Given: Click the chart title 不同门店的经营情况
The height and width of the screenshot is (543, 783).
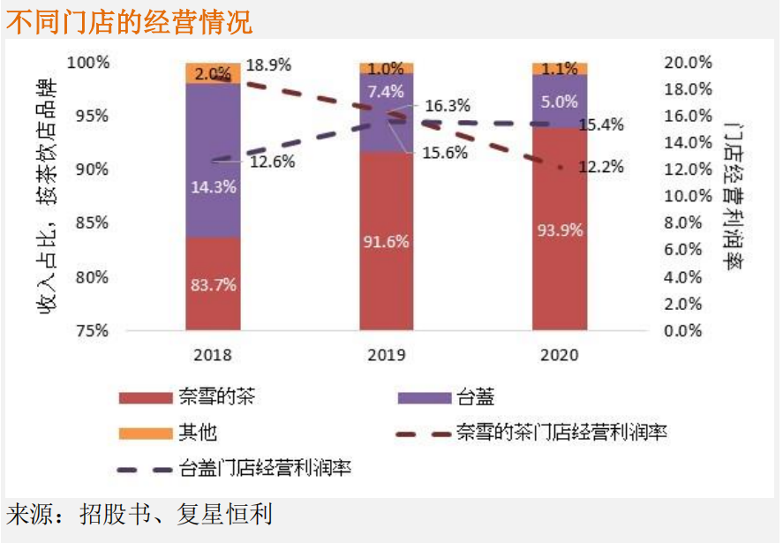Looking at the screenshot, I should pyautogui.click(x=129, y=21).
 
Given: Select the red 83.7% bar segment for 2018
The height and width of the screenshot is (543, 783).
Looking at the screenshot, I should pyautogui.click(x=213, y=283).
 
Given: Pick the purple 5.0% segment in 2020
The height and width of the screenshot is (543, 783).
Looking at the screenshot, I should pyautogui.click(x=559, y=102).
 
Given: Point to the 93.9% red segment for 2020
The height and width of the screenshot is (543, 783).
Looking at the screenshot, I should pyautogui.click(x=559, y=230).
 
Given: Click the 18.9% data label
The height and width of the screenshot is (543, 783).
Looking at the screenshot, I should pyautogui.click(x=268, y=65).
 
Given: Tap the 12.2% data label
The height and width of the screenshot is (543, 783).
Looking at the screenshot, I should pyautogui.click(x=601, y=166).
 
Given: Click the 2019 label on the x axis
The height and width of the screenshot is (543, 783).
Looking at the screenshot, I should pyautogui.click(x=386, y=355).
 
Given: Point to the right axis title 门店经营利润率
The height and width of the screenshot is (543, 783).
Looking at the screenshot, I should pyautogui.click(x=731, y=197).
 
